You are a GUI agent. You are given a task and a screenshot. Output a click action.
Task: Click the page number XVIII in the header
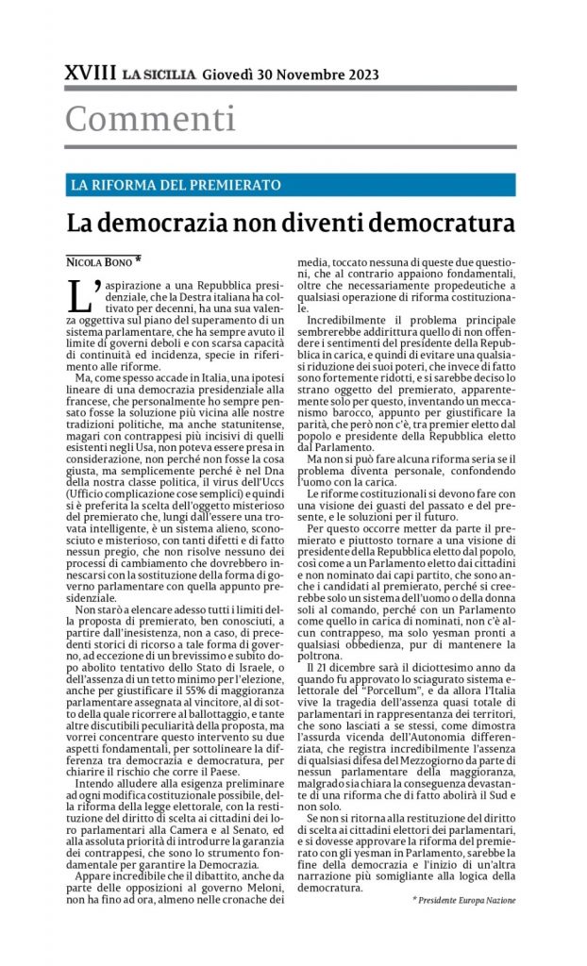pos(91,74)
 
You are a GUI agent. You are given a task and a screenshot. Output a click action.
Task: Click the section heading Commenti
pos(150,119)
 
